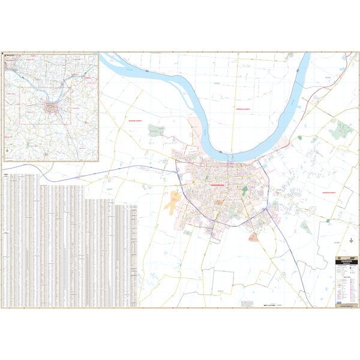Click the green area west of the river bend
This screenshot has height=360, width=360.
click(x=157, y=130)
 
